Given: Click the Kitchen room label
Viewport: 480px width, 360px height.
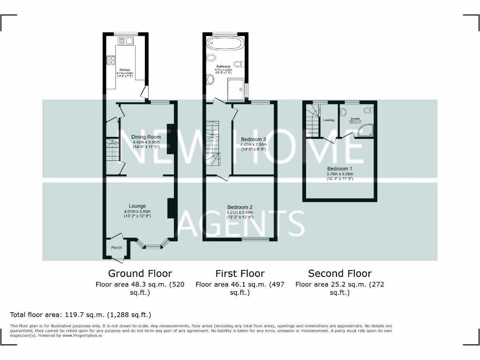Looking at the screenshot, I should coord(125,70).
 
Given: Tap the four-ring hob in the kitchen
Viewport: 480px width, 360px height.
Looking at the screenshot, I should coord(112,60).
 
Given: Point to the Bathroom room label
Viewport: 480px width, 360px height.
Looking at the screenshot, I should coord(223,67).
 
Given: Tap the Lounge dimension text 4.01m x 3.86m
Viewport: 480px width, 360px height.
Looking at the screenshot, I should coord(137,211).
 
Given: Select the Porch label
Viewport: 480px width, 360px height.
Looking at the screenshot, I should coord(116,247).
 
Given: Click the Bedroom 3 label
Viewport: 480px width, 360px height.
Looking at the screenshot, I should coord(254,139).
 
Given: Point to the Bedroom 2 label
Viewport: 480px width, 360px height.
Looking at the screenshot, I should coord(240,207).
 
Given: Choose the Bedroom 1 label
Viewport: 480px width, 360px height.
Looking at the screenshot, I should coord(340,169).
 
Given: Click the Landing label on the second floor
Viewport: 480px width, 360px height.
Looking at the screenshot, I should coord(329,120).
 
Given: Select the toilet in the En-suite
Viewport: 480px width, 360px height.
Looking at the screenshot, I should coord(344,112).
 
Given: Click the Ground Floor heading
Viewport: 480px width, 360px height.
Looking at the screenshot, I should coord(140,273).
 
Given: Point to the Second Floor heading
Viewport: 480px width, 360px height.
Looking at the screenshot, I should coord(340,273).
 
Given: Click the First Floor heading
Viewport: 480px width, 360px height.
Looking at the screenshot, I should coord(240,273).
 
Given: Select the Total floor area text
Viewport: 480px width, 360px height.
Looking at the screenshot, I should coord(81,315).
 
